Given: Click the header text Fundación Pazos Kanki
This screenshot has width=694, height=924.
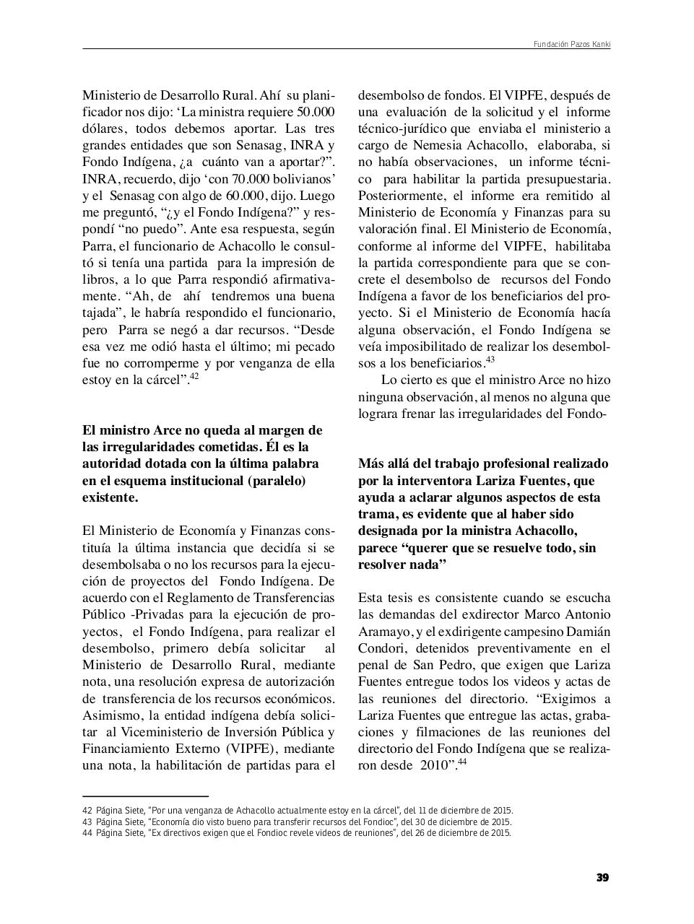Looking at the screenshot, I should tap(571, 44).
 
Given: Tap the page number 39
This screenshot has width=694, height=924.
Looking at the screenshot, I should tap(602, 878).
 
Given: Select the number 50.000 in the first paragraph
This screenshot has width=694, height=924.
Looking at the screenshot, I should tap(316, 112).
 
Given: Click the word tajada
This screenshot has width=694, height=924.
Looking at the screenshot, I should tap(104, 313).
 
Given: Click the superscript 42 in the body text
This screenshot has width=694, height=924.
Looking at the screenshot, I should tap(194, 376).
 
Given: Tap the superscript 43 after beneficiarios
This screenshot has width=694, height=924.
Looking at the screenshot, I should tap(490, 359).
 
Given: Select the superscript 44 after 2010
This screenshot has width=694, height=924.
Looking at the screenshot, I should tap(462, 761).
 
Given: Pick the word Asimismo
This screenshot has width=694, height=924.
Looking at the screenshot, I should tap(112, 715).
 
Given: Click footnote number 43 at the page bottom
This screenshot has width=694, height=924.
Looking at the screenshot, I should tap(87, 821).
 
